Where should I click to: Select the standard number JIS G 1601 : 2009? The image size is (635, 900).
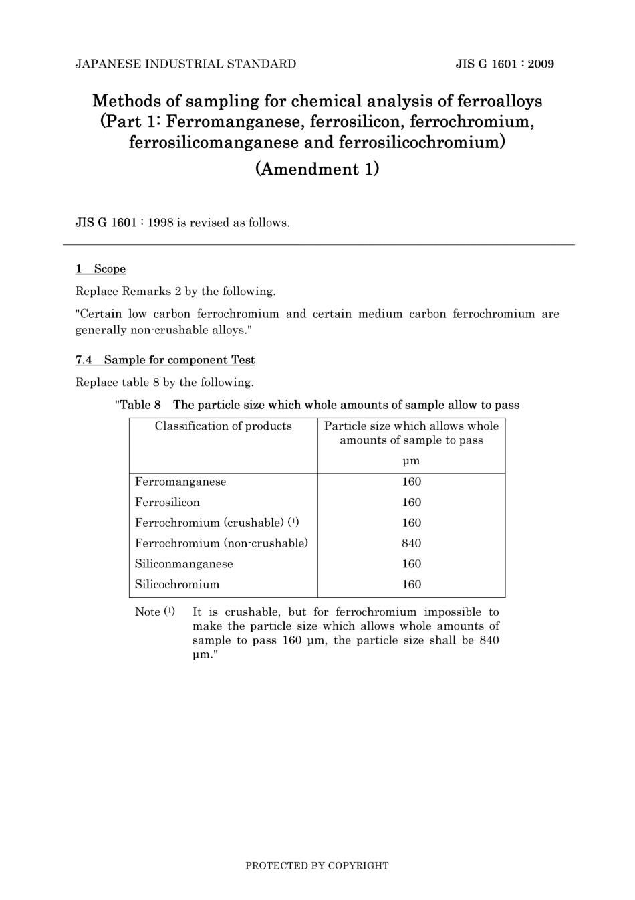[x=505, y=64]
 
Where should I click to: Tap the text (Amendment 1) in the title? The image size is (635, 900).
[x=317, y=169]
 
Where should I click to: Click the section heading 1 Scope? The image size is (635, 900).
[x=100, y=269]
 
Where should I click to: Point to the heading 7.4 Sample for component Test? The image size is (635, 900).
[x=165, y=360]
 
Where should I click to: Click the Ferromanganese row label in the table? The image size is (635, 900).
[x=180, y=482]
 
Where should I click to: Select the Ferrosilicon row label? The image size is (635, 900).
[x=167, y=503]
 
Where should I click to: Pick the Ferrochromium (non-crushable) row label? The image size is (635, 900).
[x=221, y=543]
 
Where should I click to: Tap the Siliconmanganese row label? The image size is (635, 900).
[x=184, y=564]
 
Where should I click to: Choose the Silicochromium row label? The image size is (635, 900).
[x=177, y=585]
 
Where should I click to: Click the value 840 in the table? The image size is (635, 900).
[x=411, y=543]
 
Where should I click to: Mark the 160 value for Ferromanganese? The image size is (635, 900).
[x=411, y=482]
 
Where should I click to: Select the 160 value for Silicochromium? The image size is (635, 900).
[x=411, y=585]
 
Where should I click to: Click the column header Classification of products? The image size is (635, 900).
[x=223, y=426]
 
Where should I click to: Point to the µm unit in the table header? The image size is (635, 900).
[x=411, y=461]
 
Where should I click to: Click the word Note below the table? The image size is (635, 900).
[x=148, y=612]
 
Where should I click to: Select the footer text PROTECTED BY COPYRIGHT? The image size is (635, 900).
[x=317, y=866]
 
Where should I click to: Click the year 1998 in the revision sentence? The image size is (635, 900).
[x=160, y=223]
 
